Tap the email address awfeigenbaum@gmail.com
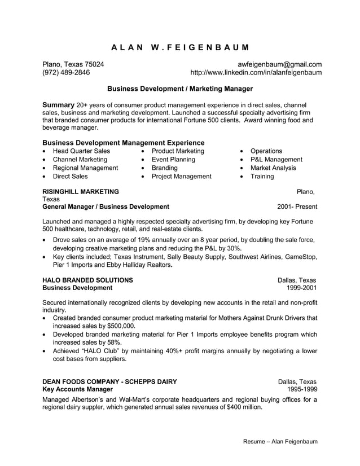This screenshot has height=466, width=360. (279, 64)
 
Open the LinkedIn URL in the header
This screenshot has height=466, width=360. (256, 73)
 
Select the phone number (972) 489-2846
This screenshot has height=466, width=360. (66, 73)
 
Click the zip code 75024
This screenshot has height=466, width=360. (94, 64)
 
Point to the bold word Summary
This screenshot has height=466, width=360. (58, 105)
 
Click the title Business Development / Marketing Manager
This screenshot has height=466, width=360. (180, 89)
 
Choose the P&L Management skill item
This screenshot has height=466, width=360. (276, 160)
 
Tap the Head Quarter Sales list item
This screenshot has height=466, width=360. (81, 151)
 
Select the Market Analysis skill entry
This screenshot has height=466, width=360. (273, 168)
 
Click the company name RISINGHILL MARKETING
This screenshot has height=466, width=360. (81, 192)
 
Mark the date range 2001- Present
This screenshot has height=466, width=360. (297, 206)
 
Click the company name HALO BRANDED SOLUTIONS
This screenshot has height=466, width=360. (88, 280)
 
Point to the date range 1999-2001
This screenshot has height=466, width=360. (301, 288)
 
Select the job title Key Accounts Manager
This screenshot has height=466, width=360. (78, 389)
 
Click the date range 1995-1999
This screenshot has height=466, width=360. (301, 389)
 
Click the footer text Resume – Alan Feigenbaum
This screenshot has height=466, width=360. (280, 441)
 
